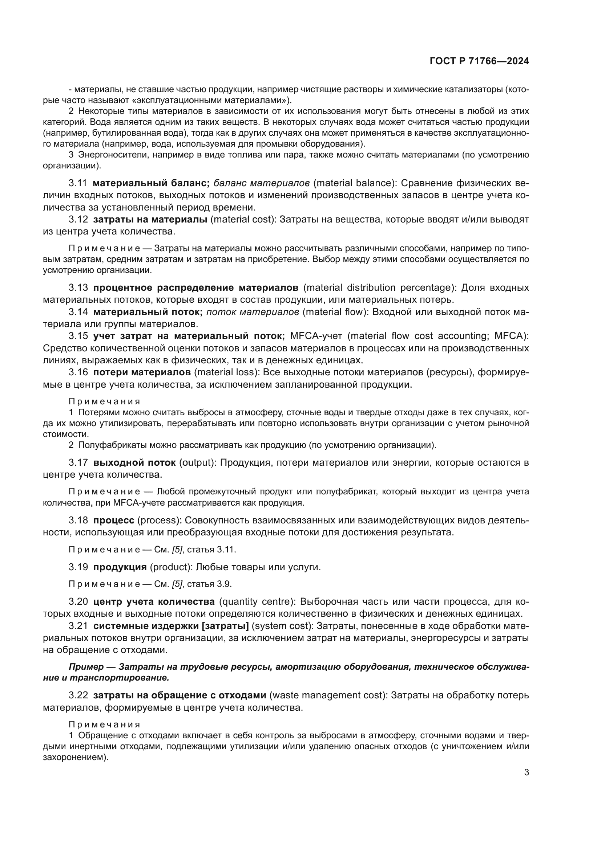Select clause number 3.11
pos(78,183)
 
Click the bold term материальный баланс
pos(152,183)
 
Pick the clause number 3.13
pos(78,287)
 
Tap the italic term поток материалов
pos(253,312)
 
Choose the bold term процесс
pos(114,520)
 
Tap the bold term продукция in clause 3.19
pos(120,567)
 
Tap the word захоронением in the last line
pos(74,757)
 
